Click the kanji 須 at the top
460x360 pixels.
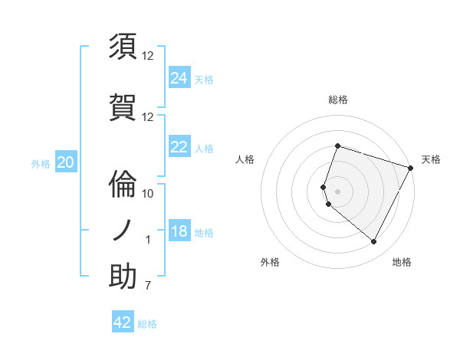point(123,47)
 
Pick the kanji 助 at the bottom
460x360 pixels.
point(123,277)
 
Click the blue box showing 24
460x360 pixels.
point(179,77)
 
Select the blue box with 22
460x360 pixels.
point(179,147)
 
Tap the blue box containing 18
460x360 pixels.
point(179,231)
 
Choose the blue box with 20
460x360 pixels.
point(66,162)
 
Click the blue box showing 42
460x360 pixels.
point(123,322)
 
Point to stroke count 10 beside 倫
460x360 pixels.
point(148,193)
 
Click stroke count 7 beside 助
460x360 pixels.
point(148,286)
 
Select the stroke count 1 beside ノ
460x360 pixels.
point(148,240)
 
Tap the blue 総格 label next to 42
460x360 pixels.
point(147,324)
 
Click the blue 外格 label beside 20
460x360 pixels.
point(41,163)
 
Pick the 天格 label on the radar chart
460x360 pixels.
point(431,159)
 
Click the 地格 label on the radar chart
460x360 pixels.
point(402,262)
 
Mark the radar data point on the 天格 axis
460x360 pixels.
point(411,167)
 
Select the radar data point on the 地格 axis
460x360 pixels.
point(373,242)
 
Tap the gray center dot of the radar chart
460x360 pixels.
point(337,191)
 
